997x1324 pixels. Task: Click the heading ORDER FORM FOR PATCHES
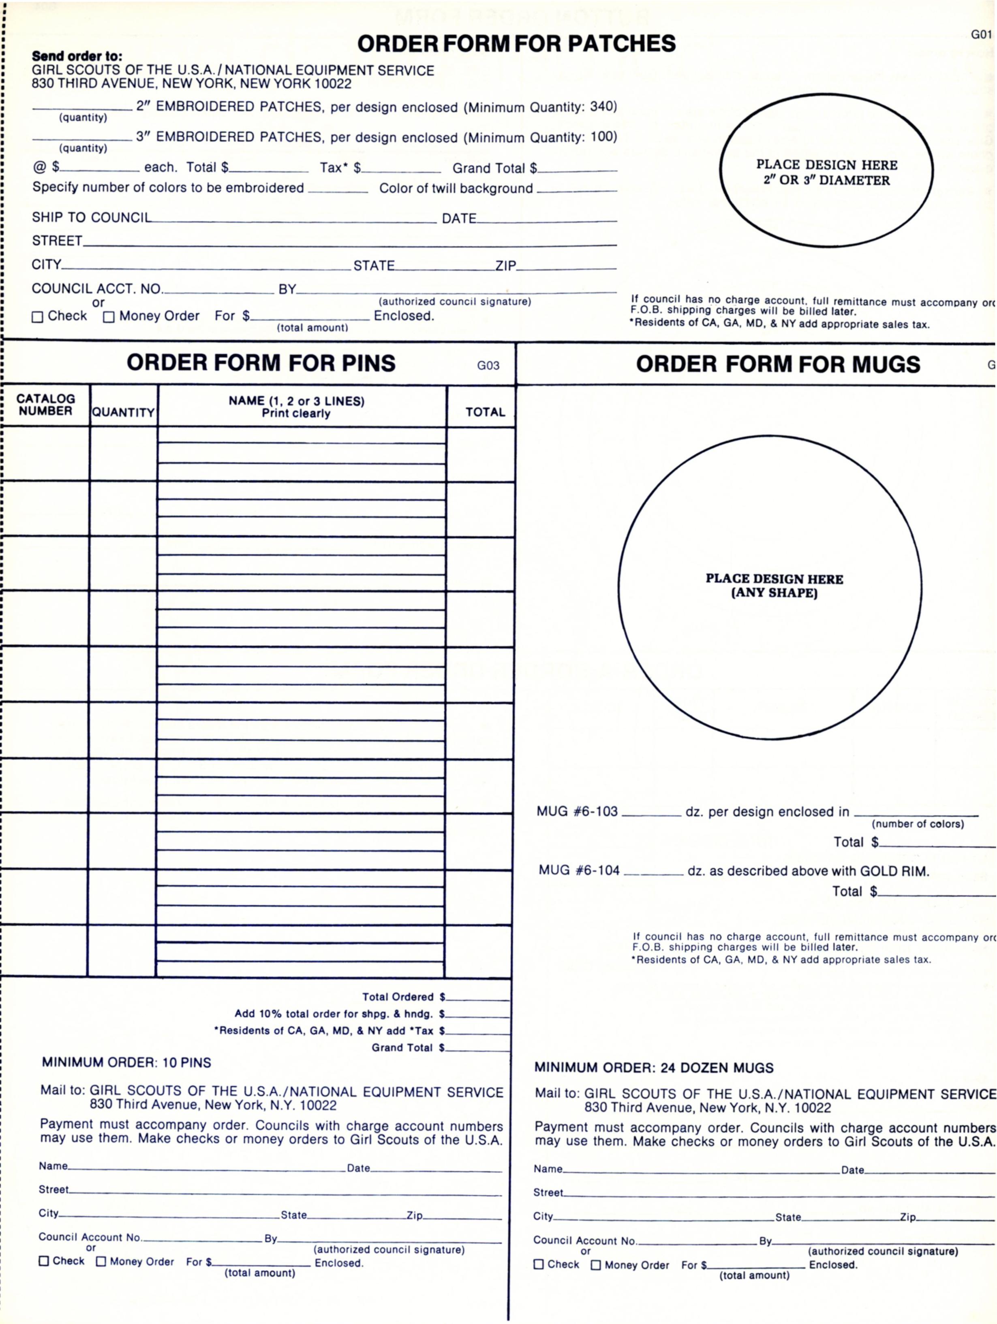pos(516,44)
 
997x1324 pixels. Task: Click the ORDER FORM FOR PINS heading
pos(261,363)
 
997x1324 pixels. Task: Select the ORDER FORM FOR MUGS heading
pos(778,364)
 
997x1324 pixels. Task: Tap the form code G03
pos(488,365)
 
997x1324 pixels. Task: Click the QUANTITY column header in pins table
pos(123,412)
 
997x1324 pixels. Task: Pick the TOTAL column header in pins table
pos(485,412)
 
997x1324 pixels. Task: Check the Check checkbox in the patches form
pos(37,317)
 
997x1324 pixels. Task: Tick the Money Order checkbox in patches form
pos(108,317)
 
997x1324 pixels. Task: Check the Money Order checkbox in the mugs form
pos(596,1265)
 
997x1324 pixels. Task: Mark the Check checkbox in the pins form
pos(44,1260)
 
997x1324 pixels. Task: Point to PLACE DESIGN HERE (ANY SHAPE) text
pos(774,585)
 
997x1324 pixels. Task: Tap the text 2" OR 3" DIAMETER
pos(826,180)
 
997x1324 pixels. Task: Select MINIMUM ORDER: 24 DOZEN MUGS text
pos(653,1067)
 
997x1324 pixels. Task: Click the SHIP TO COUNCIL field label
pos(92,217)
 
